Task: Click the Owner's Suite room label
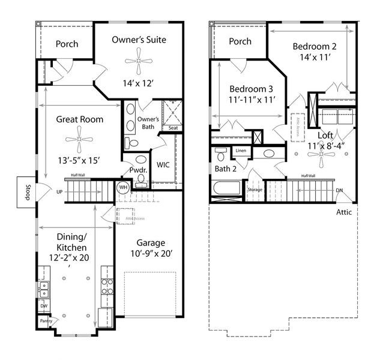coord(139,40)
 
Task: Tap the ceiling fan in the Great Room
coord(79,139)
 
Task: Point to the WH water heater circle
coord(124,187)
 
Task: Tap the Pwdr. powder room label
coord(140,171)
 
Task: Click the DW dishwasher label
coord(43,306)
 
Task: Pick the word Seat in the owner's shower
coord(173,128)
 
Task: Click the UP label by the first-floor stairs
coord(59,192)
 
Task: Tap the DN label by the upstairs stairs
coord(339,191)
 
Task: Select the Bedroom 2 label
coord(314,46)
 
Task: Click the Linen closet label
coord(241,151)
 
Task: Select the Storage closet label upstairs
coord(255,190)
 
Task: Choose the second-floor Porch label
coord(240,42)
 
